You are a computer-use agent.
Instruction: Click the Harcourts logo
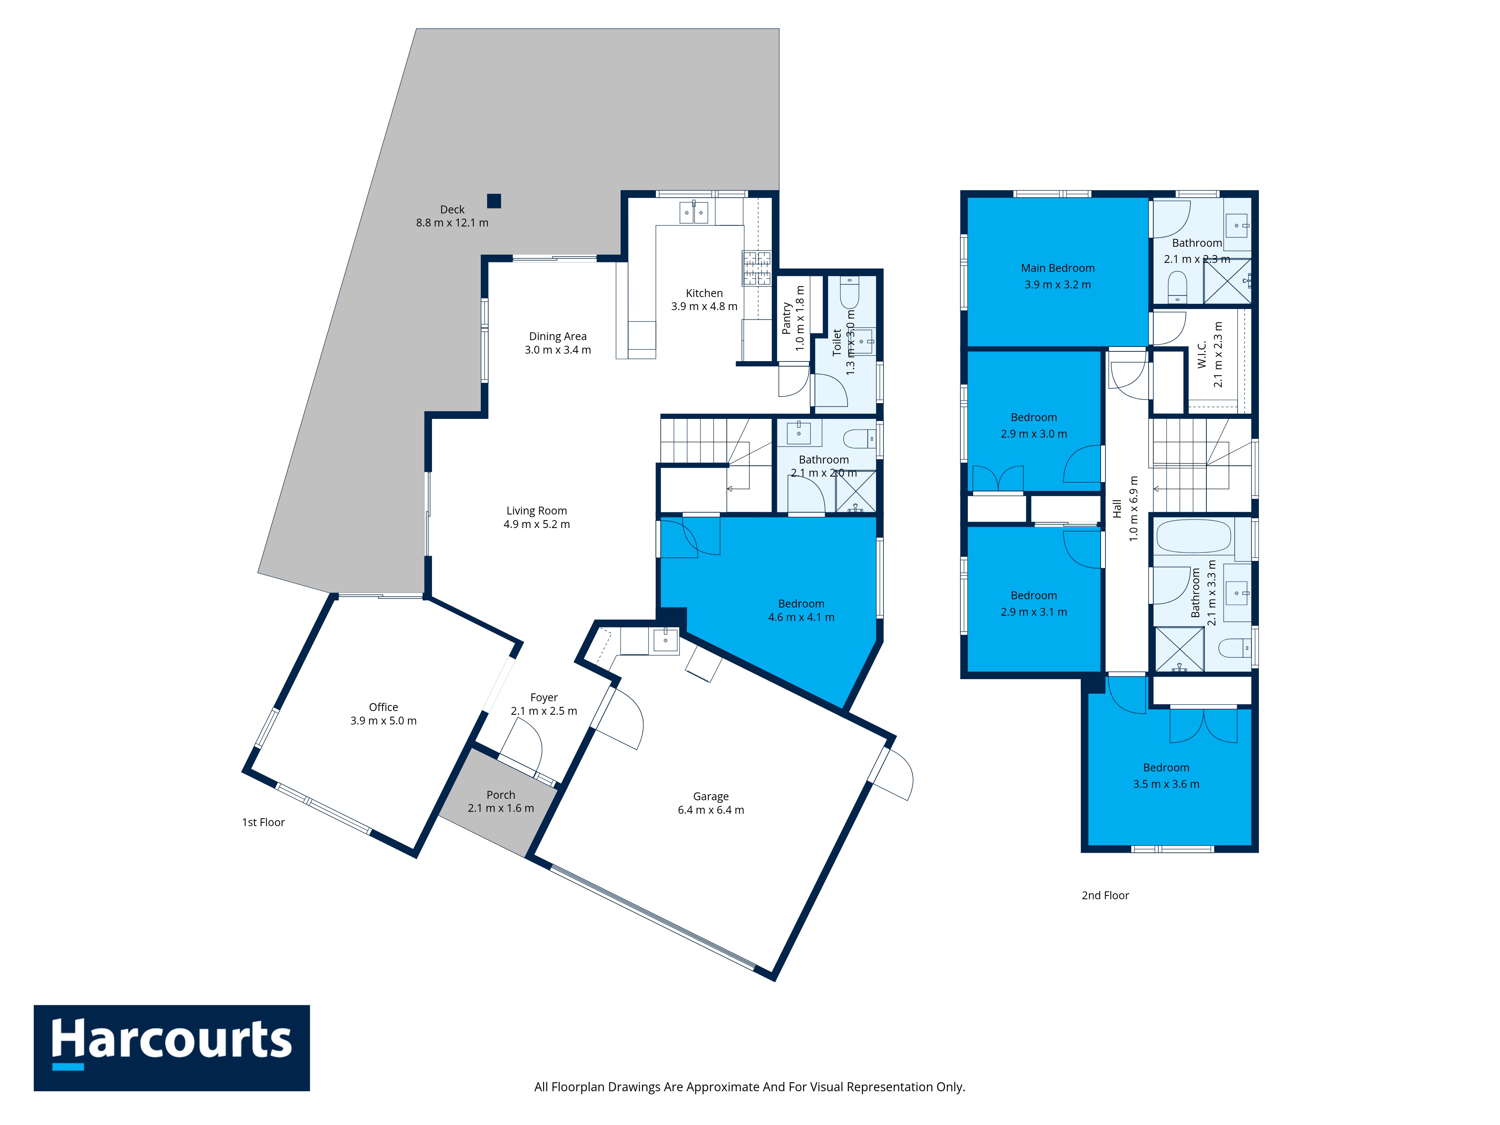click(x=172, y=1048)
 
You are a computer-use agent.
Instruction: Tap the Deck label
click(x=452, y=210)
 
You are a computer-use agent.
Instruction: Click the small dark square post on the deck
click(x=493, y=201)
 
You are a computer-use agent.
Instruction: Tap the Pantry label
click(x=787, y=318)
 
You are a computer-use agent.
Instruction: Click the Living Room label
click(x=536, y=511)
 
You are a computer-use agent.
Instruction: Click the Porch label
click(x=501, y=795)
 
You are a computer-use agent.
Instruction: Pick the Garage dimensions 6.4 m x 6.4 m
click(x=711, y=810)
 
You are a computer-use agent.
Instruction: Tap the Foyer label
click(x=544, y=697)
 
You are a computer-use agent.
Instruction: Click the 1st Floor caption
click(x=263, y=822)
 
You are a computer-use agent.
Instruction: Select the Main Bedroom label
click(x=1058, y=268)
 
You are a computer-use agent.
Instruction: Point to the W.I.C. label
click(x=1201, y=354)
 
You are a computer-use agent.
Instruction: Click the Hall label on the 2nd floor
click(x=1117, y=508)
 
